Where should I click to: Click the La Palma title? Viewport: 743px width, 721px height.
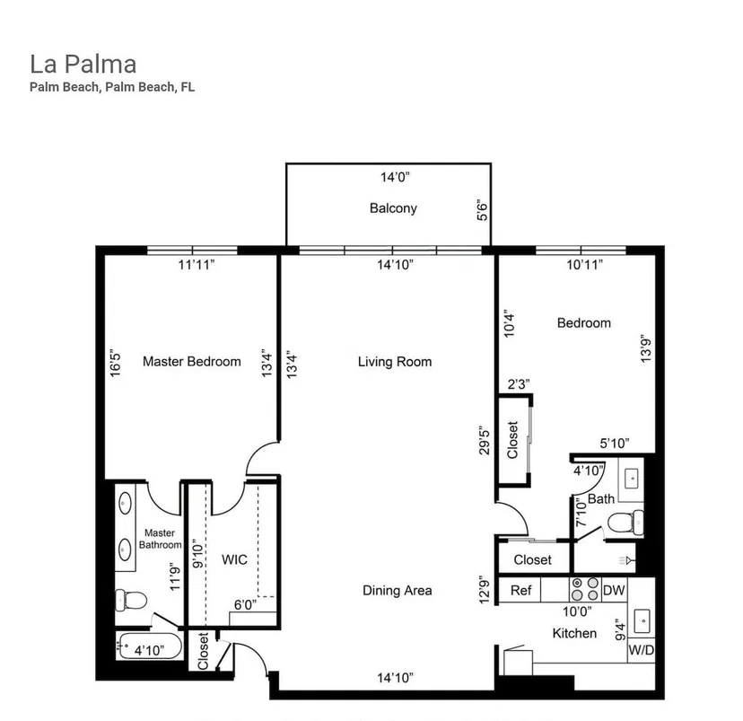click(83, 65)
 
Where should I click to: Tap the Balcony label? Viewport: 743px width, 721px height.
click(393, 208)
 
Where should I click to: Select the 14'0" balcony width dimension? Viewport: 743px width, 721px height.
click(395, 177)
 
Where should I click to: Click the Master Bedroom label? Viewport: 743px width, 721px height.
click(192, 362)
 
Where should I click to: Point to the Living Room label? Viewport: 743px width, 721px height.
click(395, 362)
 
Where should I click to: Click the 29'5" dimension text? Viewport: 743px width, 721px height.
click(484, 440)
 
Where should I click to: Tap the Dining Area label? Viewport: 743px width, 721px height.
click(398, 591)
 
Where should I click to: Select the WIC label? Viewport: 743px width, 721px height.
click(234, 559)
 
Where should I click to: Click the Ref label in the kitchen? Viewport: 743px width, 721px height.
click(520, 590)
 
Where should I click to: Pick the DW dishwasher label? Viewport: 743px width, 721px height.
click(614, 590)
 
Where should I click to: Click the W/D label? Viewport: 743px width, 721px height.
click(641, 650)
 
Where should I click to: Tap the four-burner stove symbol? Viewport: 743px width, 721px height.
click(585, 589)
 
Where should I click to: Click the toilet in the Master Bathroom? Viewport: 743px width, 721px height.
click(131, 600)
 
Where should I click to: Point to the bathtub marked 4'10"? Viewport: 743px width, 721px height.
click(149, 646)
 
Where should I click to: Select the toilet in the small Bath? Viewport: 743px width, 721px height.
click(625, 522)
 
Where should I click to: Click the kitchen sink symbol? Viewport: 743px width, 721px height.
click(642, 620)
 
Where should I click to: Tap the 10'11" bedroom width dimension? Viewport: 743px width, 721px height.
click(585, 265)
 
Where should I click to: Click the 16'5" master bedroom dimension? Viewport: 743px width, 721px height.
click(115, 364)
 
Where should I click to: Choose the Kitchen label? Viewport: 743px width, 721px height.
click(574, 633)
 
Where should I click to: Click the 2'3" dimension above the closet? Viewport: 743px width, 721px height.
click(519, 384)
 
